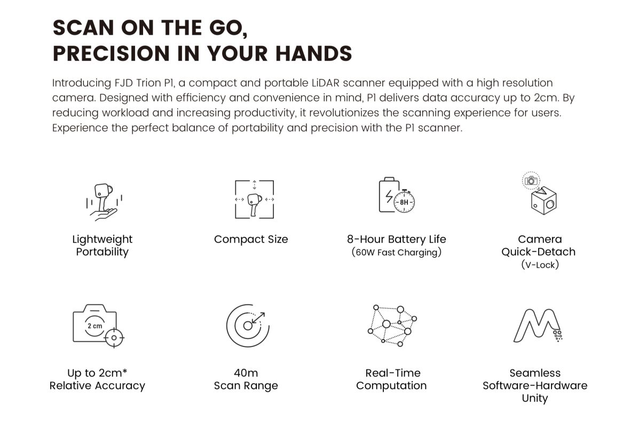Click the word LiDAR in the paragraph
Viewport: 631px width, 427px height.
tap(326, 83)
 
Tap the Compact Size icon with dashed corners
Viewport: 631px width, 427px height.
tap(254, 199)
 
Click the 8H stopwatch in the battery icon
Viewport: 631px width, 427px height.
tap(404, 201)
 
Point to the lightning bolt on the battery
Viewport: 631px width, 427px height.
tap(389, 196)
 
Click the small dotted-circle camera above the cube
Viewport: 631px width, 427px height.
tap(531, 181)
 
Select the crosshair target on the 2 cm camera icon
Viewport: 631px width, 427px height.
tap(114, 338)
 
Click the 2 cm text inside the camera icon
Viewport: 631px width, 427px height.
tap(95, 326)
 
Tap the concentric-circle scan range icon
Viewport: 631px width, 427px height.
tap(248, 326)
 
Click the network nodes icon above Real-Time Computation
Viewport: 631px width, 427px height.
tap(392, 326)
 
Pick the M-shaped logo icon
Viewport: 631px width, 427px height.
tap(538, 326)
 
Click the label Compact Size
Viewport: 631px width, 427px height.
tap(251, 240)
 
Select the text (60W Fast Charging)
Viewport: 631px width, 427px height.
tap(397, 252)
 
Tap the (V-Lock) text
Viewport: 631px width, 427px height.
tap(540, 265)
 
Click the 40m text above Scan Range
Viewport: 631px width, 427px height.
tap(246, 373)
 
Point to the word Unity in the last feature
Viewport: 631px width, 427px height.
tap(535, 398)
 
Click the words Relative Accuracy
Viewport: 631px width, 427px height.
tap(97, 386)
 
